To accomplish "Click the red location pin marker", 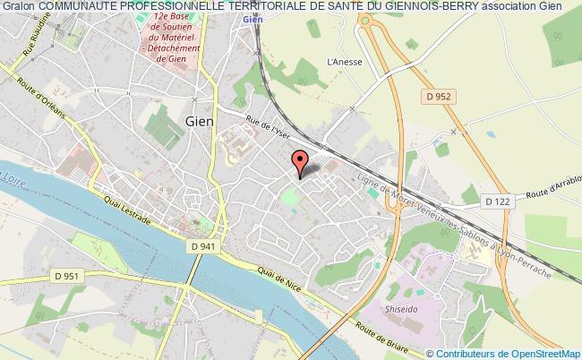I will [300, 162].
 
